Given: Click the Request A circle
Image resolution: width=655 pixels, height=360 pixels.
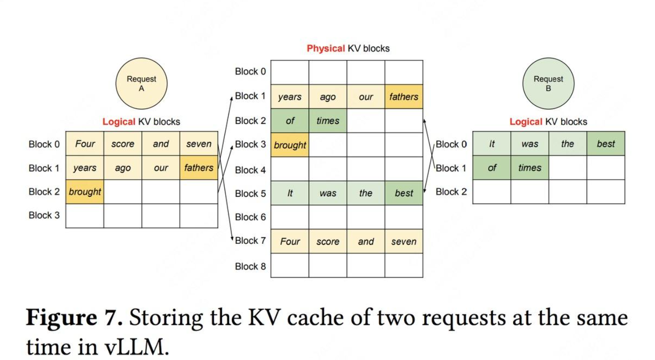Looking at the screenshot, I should [x=141, y=84].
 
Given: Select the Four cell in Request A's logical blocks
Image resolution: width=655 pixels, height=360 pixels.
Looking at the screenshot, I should [x=85, y=144].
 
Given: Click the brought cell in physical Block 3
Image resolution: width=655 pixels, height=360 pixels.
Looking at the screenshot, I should [x=290, y=145].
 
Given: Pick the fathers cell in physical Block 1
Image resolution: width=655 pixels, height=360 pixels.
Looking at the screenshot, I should [x=404, y=97].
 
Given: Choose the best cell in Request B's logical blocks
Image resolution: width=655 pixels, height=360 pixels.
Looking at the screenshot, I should [x=606, y=144].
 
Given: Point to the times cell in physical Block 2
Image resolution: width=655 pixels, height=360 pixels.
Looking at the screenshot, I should [x=328, y=120].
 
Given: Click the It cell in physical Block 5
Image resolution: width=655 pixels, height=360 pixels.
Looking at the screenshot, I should [x=290, y=193].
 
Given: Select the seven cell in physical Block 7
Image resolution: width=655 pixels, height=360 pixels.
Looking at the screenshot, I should [x=404, y=241].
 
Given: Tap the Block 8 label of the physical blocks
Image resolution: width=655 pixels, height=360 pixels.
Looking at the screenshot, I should [x=250, y=266].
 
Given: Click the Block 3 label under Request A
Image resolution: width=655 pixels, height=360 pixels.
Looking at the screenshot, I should [x=44, y=215].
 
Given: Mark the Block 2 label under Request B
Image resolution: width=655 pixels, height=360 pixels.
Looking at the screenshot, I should [x=451, y=192].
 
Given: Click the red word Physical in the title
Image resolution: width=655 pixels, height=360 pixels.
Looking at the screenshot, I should [x=326, y=48].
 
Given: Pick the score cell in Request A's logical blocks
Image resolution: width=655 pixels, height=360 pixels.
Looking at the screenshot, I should [x=123, y=144].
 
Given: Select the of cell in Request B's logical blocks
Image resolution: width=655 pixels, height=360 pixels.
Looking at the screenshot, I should [x=492, y=167].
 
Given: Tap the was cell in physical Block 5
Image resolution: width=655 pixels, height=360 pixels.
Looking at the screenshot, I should [x=328, y=193].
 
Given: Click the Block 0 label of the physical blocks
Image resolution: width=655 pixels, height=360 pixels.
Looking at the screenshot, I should [x=250, y=72].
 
